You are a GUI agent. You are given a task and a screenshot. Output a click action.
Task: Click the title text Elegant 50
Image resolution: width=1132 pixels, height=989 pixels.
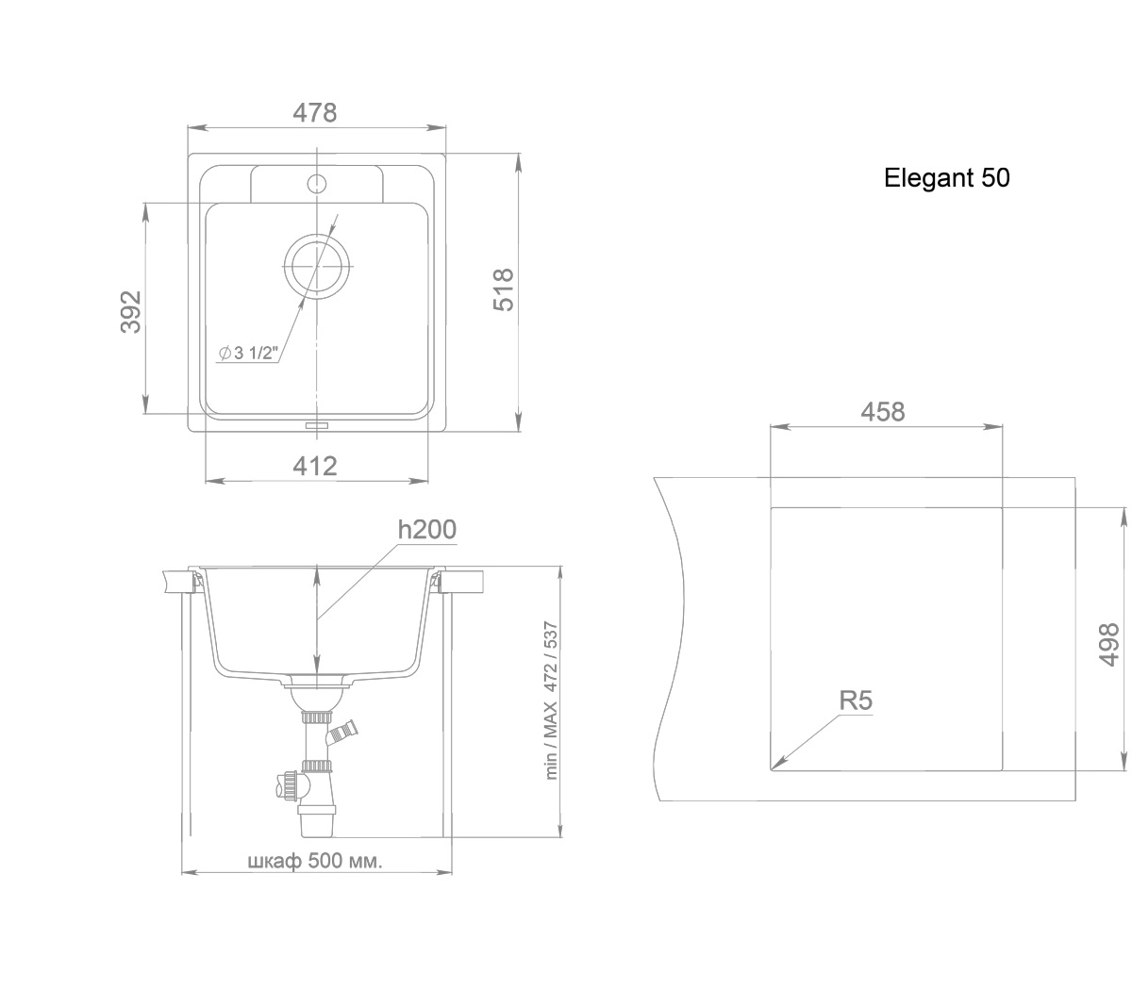(x=946, y=177)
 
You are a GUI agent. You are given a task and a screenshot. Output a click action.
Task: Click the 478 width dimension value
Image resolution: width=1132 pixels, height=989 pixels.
(x=314, y=113)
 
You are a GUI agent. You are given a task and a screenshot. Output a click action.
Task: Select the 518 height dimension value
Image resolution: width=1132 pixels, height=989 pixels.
(x=504, y=289)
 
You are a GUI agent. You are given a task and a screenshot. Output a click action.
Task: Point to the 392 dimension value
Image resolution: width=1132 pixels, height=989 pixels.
(x=130, y=312)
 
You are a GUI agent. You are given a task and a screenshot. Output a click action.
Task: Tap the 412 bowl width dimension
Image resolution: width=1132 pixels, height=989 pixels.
(x=315, y=466)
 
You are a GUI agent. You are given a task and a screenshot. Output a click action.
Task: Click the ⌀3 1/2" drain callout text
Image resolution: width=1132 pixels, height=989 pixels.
(x=248, y=353)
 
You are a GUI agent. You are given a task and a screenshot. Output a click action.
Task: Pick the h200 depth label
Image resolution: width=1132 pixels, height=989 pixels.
(x=427, y=530)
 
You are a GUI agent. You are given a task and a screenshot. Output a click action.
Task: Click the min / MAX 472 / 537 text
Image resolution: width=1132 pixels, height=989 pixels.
(x=551, y=701)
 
